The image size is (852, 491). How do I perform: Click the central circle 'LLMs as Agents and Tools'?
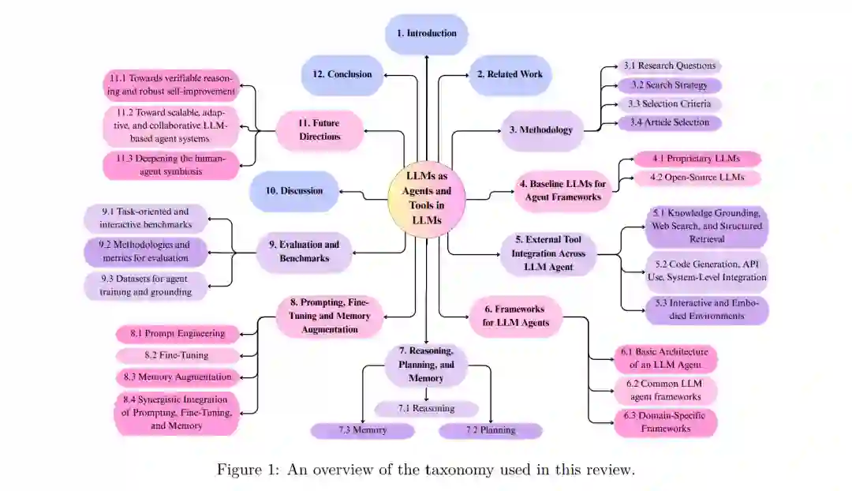point(426,201)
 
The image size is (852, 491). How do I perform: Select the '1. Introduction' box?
point(426,34)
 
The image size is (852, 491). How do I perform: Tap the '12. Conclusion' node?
point(342,74)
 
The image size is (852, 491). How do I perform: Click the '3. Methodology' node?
point(542,129)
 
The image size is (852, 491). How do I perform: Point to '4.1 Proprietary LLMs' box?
point(696,159)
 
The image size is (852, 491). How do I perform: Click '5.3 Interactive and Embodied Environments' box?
point(708,309)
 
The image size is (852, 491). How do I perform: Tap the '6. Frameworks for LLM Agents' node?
point(516,316)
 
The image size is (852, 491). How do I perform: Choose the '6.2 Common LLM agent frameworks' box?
point(665,390)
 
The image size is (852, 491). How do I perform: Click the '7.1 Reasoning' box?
point(426,408)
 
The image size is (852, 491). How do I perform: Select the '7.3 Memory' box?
point(362,430)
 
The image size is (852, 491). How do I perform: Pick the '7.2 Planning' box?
point(490,430)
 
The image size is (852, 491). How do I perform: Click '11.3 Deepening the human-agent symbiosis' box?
point(170,165)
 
